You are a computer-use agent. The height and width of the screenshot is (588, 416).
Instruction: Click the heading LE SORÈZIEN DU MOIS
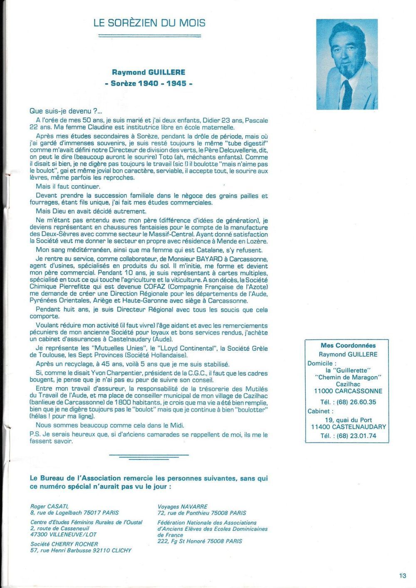coord(149,23)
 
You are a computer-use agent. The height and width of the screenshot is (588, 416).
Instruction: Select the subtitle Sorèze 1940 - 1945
coord(149,83)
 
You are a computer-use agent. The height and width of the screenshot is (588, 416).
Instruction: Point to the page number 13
coord(402,576)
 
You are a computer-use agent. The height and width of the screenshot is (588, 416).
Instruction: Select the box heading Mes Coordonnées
coord(348,345)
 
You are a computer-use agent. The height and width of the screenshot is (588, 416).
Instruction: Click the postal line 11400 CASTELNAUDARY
coord(348,427)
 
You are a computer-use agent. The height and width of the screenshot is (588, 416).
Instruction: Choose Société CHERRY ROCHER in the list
coord(64,544)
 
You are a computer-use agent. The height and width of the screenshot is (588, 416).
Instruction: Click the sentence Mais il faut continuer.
coord(68,186)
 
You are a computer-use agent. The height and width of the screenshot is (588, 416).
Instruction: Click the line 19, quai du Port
coord(348,420)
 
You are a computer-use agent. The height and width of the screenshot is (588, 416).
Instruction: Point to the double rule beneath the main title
coord(149,36)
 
